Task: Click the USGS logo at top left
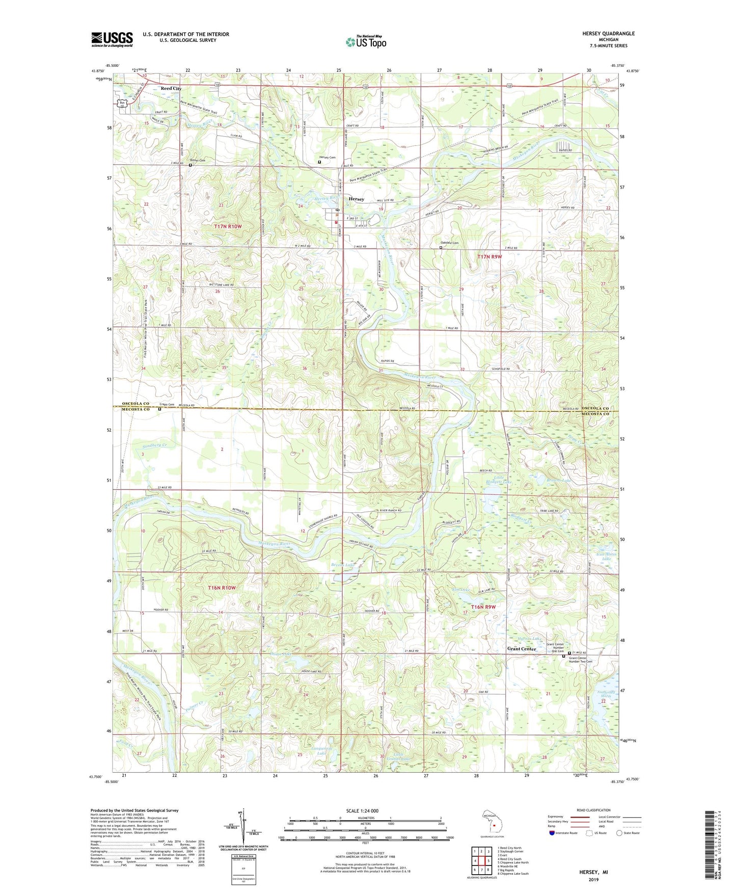[x=112, y=39]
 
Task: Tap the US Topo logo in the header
[x=366, y=42]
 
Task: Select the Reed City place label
[x=171, y=88]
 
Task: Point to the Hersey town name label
[x=357, y=199]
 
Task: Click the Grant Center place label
[x=522, y=649]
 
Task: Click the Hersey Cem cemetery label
[x=328, y=158]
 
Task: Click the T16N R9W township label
[x=483, y=607]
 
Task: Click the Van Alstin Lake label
[x=606, y=556]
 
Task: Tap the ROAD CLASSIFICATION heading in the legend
[x=594, y=810]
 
